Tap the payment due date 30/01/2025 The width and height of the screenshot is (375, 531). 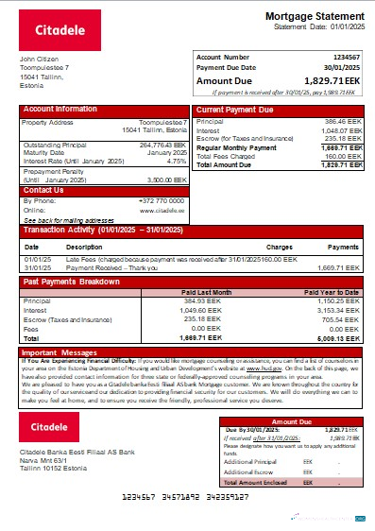click(340, 68)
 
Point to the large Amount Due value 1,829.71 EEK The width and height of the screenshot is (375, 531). click(328, 81)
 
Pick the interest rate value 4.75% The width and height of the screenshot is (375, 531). click(176, 162)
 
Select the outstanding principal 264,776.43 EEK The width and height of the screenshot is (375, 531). click(163, 146)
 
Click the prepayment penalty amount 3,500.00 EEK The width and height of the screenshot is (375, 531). click(168, 178)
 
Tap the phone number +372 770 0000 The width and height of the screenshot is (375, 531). click(163, 200)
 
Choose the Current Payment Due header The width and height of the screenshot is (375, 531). click(237, 109)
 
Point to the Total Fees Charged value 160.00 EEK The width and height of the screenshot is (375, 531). click(335, 156)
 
